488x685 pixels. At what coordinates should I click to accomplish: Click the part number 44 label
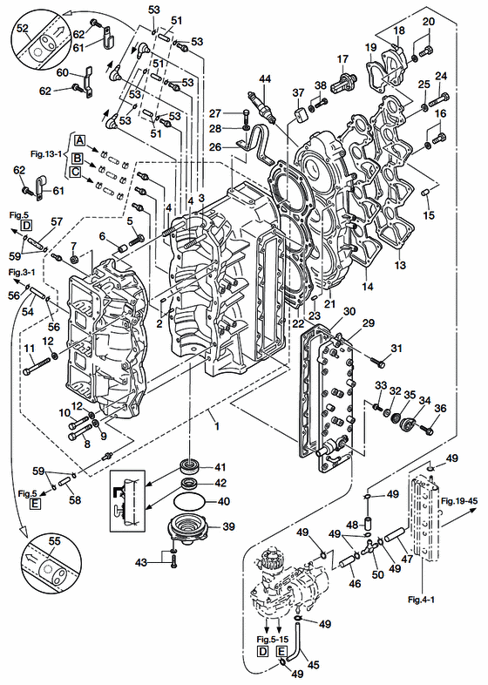point(265,78)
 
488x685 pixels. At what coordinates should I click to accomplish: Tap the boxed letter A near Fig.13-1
point(79,140)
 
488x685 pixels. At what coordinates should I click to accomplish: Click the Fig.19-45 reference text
point(458,500)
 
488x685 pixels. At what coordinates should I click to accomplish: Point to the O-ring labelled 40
point(190,501)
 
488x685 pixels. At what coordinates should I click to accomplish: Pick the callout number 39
point(228,526)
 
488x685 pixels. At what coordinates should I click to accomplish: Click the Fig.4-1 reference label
point(421,600)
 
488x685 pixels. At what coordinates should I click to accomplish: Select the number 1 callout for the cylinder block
point(216,425)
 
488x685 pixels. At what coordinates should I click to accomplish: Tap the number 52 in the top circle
point(23,29)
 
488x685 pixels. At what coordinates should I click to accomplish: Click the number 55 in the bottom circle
point(54,541)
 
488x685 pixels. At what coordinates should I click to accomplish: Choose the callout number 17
point(343,58)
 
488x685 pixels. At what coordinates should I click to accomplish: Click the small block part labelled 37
point(302,114)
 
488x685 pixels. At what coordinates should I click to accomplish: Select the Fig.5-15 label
point(273,639)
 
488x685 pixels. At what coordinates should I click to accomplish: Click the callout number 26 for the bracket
point(215,147)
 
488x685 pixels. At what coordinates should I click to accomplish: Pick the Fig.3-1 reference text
point(22,272)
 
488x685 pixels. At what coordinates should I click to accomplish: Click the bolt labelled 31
point(377,362)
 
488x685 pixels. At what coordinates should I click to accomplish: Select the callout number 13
point(400,265)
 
